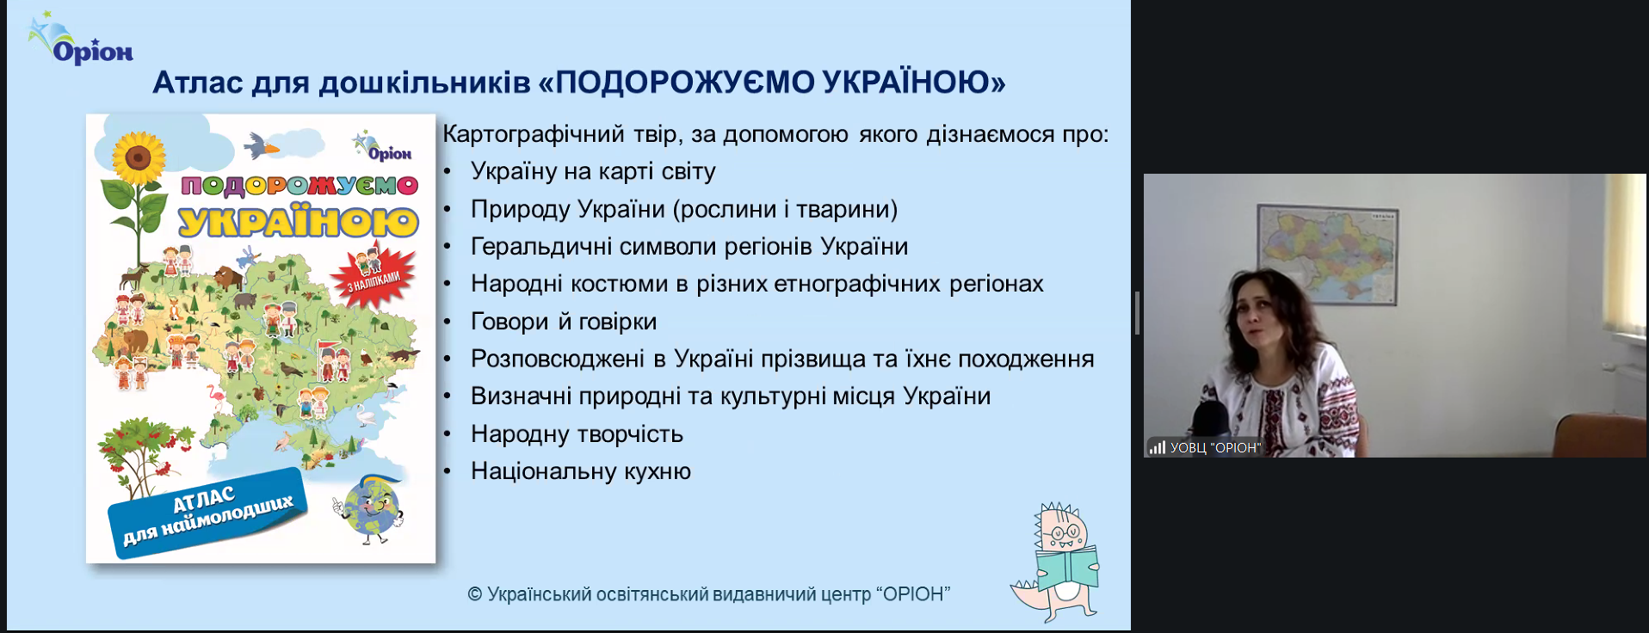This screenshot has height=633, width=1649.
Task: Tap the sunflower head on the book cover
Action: (139, 157)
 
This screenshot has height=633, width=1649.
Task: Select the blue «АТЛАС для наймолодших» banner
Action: (207, 513)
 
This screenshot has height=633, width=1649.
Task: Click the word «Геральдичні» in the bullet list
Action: (541, 247)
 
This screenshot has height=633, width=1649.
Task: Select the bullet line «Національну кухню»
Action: (581, 471)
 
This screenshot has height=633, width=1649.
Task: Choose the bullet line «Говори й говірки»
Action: (564, 322)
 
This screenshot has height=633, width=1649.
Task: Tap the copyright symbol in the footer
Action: (475, 594)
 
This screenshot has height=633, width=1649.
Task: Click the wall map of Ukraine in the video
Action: (1327, 255)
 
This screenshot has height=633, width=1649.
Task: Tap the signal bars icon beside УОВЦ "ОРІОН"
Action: (1157, 447)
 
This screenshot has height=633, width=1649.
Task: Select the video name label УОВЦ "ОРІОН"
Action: (1215, 447)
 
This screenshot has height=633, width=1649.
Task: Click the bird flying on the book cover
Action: (262, 146)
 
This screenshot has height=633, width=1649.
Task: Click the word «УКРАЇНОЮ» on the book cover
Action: (298, 221)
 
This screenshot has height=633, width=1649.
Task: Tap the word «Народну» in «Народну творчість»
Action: (520, 434)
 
